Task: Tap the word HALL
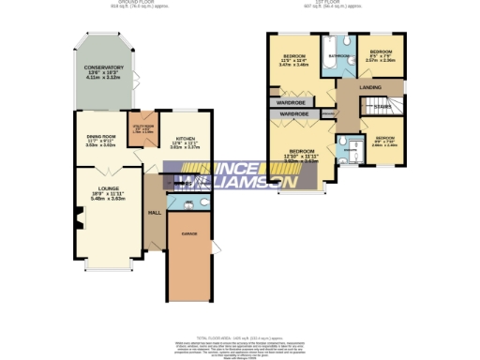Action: tap(154, 212)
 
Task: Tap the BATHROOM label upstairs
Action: tap(337, 56)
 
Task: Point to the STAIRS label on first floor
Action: tap(382, 107)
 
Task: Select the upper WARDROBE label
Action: tap(292, 100)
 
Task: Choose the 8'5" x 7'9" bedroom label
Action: tap(381, 52)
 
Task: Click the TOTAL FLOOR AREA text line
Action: tap(239, 335)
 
